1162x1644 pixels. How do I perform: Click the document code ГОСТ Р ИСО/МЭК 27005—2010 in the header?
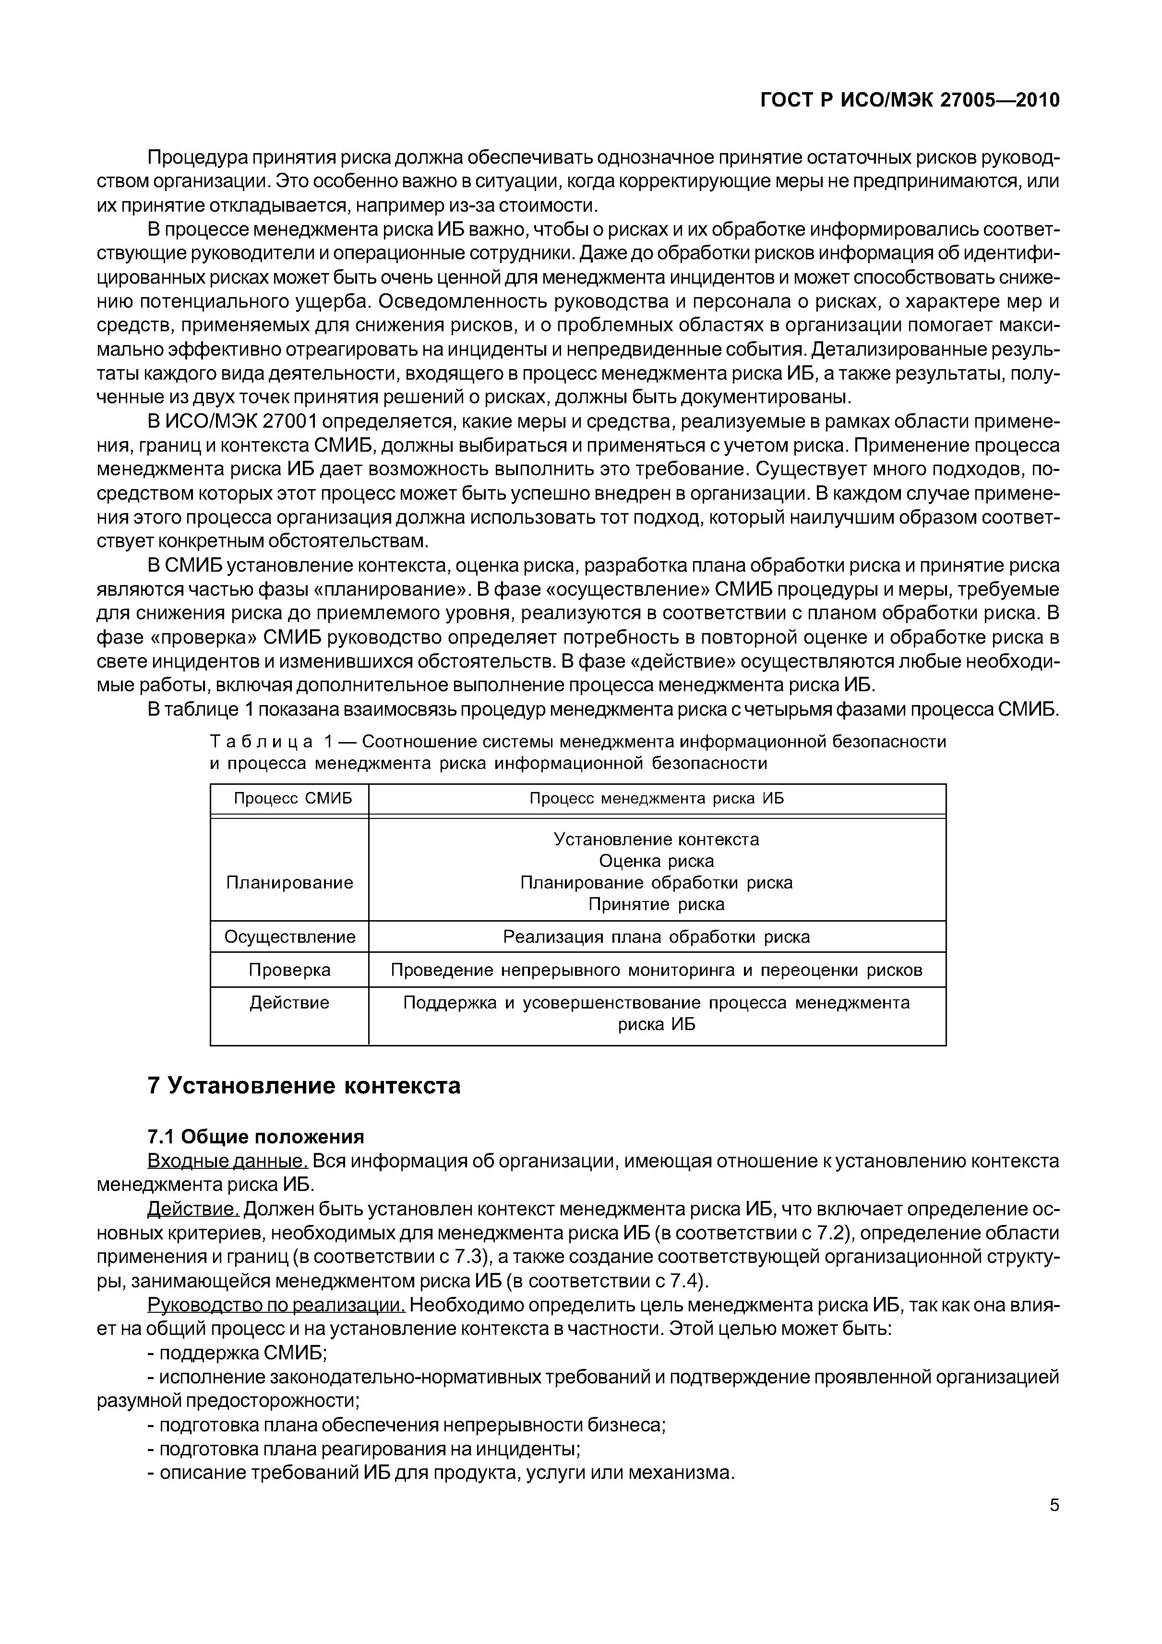pos(909,101)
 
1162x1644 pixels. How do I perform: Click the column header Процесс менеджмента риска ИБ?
pos(657,798)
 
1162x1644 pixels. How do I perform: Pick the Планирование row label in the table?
pos(289,883)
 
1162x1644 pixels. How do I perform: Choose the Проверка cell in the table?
pos(289,970)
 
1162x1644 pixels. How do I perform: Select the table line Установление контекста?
pos(657,839)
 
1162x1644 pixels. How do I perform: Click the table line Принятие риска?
pos(657,904)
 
